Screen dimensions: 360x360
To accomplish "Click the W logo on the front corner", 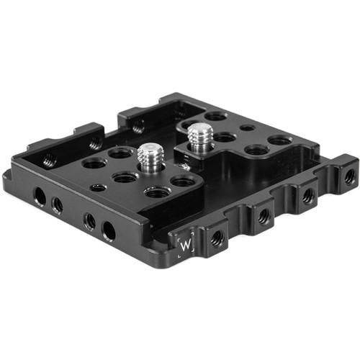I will pos(186,245).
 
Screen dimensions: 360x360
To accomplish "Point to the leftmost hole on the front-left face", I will pos(40,197).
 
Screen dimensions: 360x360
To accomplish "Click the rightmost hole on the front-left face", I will pos(109,230).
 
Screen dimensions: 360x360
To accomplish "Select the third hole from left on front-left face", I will pos(89,221).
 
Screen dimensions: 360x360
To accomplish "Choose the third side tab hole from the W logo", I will pos(309,194).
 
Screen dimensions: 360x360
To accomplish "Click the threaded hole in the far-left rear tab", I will pos(49,160).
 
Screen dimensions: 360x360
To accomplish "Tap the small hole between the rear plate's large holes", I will pos(247,128).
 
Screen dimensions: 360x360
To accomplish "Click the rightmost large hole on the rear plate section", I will pos(280,140).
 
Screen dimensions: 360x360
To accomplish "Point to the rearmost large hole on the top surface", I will pos(215,115).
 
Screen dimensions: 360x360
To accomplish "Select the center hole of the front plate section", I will pos(125,176).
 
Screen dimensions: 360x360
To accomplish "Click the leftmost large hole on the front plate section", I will pos(94,163).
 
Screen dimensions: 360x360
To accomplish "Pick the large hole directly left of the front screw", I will pos(120,153).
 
